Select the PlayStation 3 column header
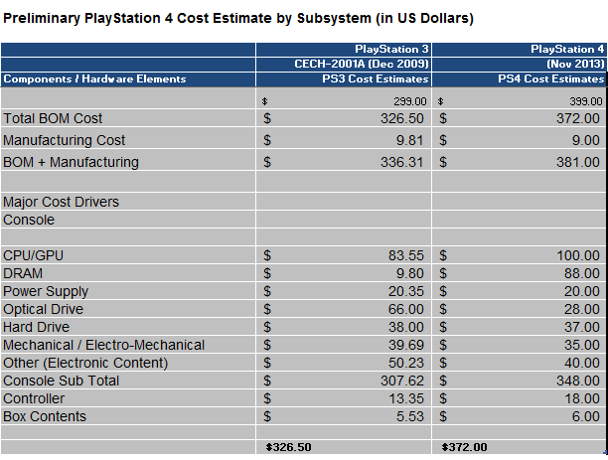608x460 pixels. tap(391, 49)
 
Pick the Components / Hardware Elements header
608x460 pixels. tap(94, 78)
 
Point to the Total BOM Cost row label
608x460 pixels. tap(53, 118)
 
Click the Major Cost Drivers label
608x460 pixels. tap(61, 202)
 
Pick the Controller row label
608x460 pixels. tap(35, 398)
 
